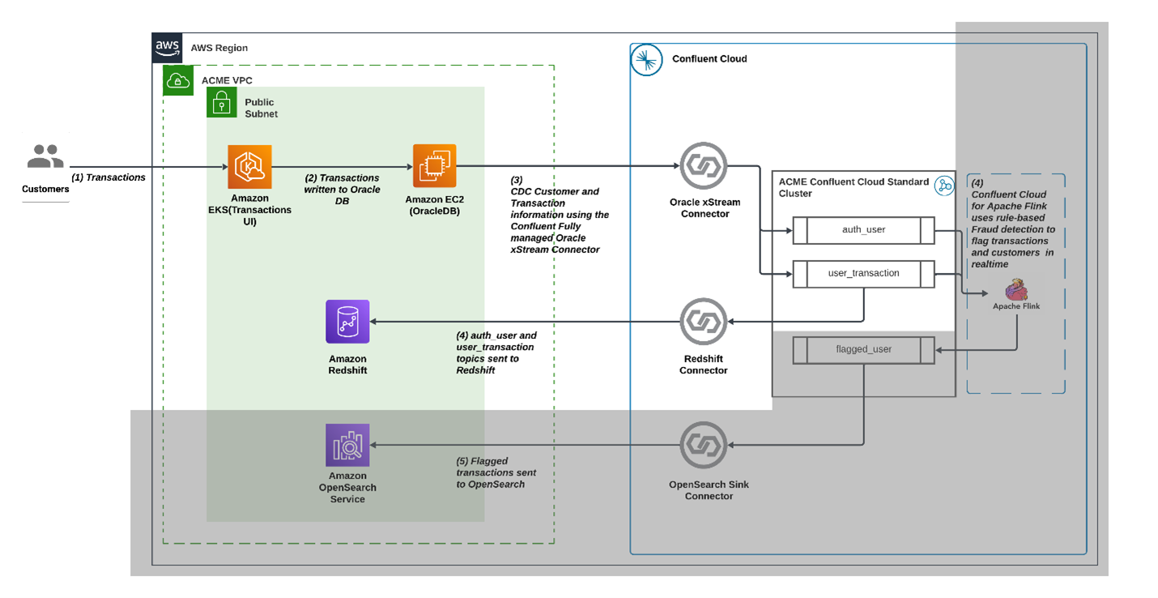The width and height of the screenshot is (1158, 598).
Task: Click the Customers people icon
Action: pyautogui.click(x=45, y=157)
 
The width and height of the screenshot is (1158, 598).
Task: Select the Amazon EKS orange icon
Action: pyautogui.click(x=249, y=167)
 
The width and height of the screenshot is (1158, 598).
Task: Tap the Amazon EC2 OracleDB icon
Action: pyautogui.click(x=435, y=166)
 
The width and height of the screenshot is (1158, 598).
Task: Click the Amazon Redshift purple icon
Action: pyautogui.click(x=347, y=322)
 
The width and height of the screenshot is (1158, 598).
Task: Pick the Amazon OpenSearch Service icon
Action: pyautogui.click(x=347, y=445)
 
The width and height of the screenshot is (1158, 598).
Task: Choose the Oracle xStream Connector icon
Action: pyautogui.click(x=704, y=166)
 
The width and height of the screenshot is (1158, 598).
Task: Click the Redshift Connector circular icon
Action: pyautogui.click(x=704, y=322)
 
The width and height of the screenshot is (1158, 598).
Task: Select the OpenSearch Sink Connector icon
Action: pyautogui.click(x=704, y=445)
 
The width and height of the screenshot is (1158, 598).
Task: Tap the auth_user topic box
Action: pyautogui.click(x=863, y=230)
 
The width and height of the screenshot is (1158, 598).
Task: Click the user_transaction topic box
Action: pyautogui.click(x=863, y=274)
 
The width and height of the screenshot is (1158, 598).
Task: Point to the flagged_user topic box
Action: pyautogui.click(x=863, y=350)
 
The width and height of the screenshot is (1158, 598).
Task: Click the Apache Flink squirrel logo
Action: pyautogui.click(x=1015, y=289)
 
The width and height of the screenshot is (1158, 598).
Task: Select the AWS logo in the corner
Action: pyautogui.click(x=168, y=48)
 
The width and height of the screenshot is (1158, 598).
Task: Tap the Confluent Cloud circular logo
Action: pyautogui.click(x=646, y=60)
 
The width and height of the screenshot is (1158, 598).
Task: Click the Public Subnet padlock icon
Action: pyautogui.click(x=222, y=103)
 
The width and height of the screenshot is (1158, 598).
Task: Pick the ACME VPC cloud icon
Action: pyautogui.click(x=178, y=80)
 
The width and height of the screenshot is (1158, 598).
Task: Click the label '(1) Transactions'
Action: pyautogui.click(x=109, y=177)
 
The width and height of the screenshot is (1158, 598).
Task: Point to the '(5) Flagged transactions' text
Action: pyautogui.click(x=496, y=472)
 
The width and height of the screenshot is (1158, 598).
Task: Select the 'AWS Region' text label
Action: pyautogui.click(x=219, y=48)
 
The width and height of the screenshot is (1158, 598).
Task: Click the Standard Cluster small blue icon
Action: pyautogui.click(x=943, y=186)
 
